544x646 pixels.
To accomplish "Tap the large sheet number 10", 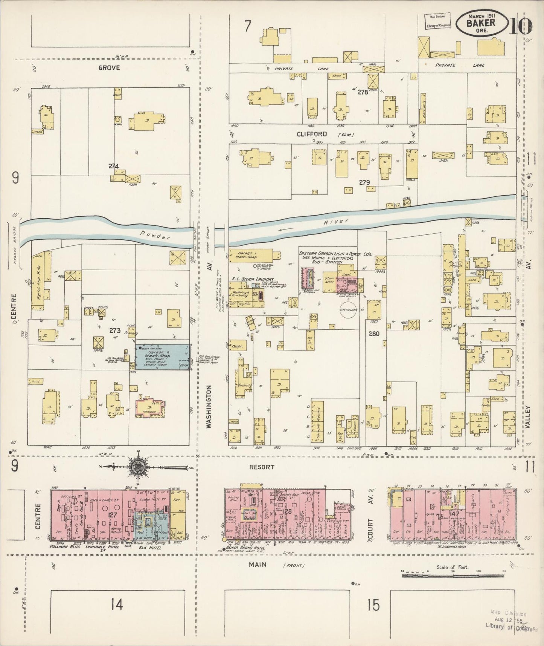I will [x=522, y=26].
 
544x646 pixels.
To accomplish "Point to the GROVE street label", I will [x=109, y=68].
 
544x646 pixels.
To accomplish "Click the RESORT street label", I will [x=262, y=467].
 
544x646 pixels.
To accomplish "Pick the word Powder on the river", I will [x=155, y=235].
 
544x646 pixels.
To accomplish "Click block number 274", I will [x=113, y=166].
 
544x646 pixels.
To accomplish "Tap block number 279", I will [x=364, y=182].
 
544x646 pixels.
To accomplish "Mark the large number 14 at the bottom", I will [x=117, y=605].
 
